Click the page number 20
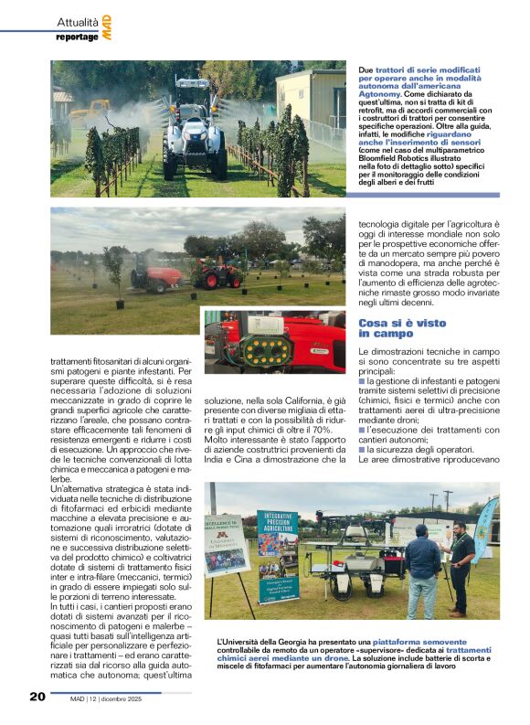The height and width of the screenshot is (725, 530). pyautogui.click(x=37, y=697)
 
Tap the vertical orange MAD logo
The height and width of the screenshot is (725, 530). pyautogui.click(x=107, y=27)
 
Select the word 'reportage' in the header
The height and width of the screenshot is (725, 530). pyautogui.click(x=76, y=37)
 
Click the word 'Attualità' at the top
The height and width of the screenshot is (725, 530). pyautogui.click(x=75, y=21)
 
